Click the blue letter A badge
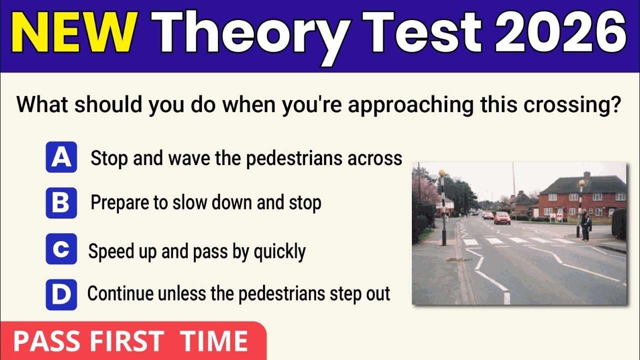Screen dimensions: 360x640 point(61,157)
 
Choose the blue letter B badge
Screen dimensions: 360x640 point(61,203)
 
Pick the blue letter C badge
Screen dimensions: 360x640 point(61,249)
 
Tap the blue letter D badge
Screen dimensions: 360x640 point(61,294)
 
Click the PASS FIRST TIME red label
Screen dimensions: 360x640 point(131,341)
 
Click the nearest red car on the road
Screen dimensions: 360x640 point(502,217)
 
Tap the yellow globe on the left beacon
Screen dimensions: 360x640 point(442,173)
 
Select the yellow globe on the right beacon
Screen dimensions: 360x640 point(581,183)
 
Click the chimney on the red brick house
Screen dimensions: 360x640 point(586,175)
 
